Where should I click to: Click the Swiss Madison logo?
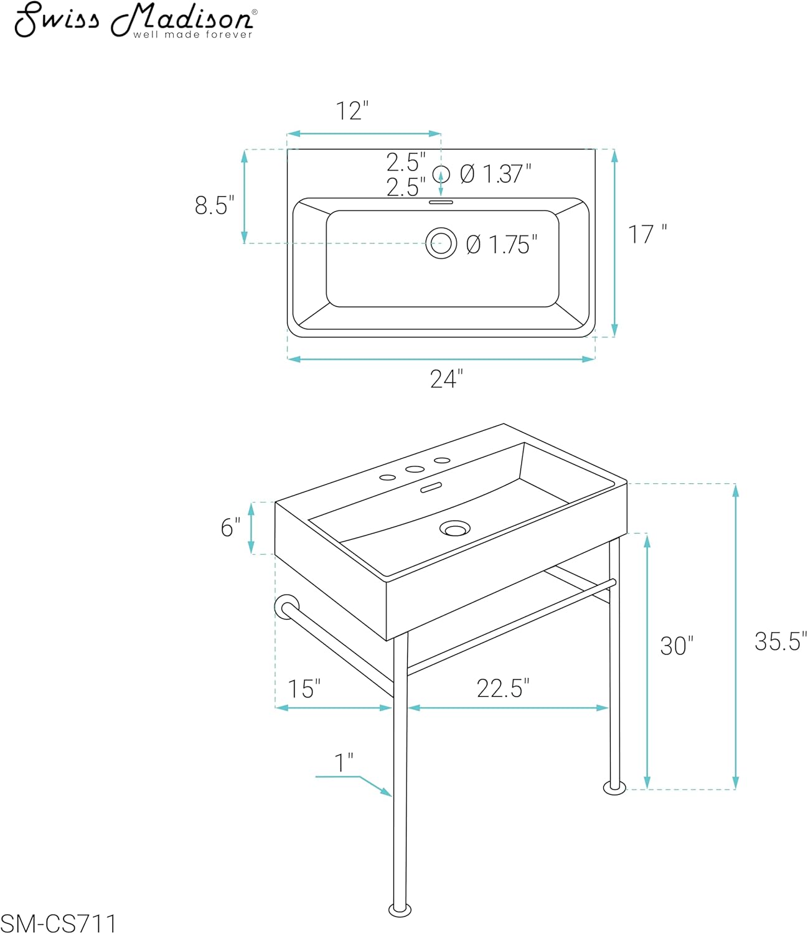click(x=136, y=21)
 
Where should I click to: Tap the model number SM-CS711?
click(x=59, y=923)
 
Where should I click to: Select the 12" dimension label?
click(x=352, y=111)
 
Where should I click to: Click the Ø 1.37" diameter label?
click(x=496, y=174)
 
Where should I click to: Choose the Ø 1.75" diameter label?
click(x=501, y=245)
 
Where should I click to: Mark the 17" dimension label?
click(x=647, y=234)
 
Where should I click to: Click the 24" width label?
click(x=446, y=379)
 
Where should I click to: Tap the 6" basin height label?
click(x=230, y=527)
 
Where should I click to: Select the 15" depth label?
click(x=304, y=689)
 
